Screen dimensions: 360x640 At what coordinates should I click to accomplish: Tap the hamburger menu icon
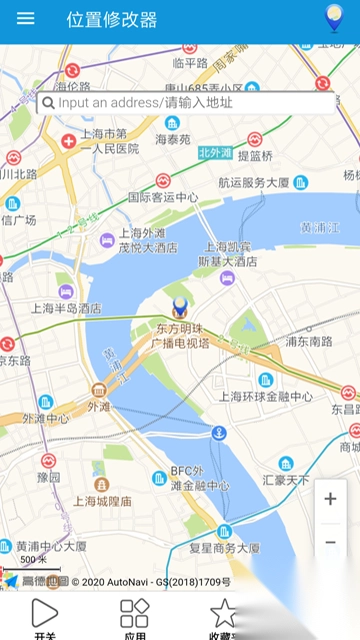coord(26,19)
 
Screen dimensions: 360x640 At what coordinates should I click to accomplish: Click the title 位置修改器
coord(112,19)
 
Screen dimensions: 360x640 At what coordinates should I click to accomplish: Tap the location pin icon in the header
coord(334,19)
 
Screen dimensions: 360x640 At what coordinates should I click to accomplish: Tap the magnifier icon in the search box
coord(48,102)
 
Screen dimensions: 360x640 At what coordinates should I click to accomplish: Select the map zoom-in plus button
coord(331,499)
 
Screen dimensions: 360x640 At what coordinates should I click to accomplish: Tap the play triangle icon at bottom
coord(45,612)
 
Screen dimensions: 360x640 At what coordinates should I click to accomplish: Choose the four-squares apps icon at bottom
coord(134,612)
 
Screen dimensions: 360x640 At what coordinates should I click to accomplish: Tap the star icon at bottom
coord(223,612)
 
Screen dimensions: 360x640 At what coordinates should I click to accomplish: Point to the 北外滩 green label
coord(215,153)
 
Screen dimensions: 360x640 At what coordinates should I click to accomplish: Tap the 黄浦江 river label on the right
coord(320,227)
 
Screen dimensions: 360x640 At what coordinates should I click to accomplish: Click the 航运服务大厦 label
coord(254,183)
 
